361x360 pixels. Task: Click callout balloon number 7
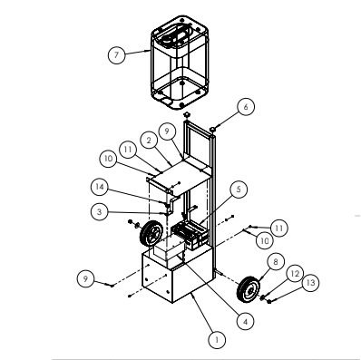[x=115, y=54]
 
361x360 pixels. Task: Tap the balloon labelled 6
[x=246, y=106]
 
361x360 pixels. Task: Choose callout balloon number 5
[x=238, y=190]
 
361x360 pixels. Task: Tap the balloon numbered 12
[x=293, y=272]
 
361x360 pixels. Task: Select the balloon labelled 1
[x=216, y=338]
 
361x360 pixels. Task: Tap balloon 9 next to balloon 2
[x=166, y=133]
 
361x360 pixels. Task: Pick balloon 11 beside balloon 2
[x=129, y=148]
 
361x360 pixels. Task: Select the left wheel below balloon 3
[x=144, y=238]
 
